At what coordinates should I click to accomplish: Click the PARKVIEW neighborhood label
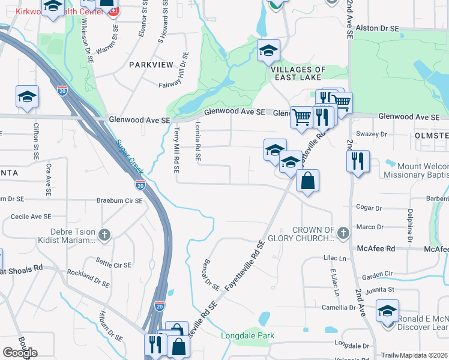[x=150, y=64]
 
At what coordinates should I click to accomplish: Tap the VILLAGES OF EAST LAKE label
[x=298, y=74]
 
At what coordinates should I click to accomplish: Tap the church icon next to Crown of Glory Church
[x=343, y=232]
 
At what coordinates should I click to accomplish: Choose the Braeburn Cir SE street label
[x=119, y=201]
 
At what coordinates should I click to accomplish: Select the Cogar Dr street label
[x=369, y=208]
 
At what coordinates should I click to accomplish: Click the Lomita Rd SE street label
[x=197, y=140]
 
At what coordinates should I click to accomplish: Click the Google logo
[x=20, y=352]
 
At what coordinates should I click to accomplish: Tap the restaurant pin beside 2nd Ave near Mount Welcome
[x=358, y=161]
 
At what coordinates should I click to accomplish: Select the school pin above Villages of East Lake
[x=268, y=50]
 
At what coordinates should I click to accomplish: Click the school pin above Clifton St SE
[x=27, y=97]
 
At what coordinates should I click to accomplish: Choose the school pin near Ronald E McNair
[x=387, y=311]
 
